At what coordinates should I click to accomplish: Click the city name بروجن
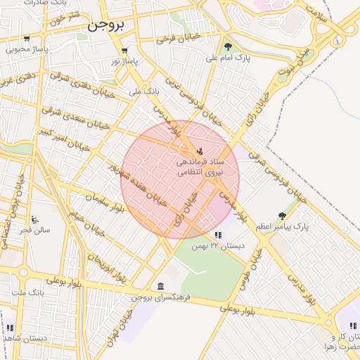[x=107, y=26]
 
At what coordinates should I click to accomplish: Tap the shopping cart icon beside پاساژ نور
[x=124, y=51]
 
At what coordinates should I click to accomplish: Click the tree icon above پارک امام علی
[x=229, y=47]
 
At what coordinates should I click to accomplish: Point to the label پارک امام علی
[x=229, y=59]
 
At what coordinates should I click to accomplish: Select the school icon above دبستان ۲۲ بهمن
[x=218, y=235]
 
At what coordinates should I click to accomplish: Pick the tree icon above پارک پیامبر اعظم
[x=283, y=216]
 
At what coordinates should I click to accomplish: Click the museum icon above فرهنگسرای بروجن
[x=161, y=286]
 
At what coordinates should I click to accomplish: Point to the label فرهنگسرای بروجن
[x=160, y=297]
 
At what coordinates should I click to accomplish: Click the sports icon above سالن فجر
[x=34, y=219]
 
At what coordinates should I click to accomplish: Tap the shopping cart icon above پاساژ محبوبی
[x=27, y=39]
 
